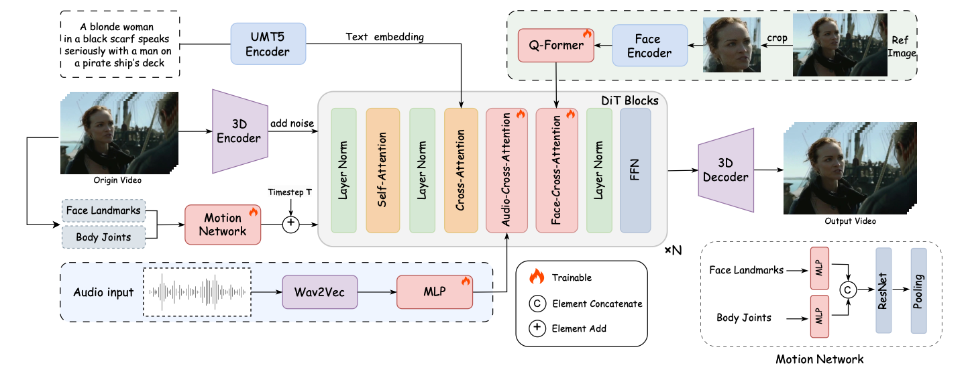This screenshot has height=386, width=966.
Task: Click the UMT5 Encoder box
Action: (x=268, y=44)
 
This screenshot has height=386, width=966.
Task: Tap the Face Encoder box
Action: (x=649, y=46)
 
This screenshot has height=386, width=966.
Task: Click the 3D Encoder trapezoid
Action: (x=239, y=131)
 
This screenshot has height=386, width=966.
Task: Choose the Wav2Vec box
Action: (x=319, y=293)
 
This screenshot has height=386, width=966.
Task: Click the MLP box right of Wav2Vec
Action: (x=434, y=293)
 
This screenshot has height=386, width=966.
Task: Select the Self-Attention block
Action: (x=382, y=170)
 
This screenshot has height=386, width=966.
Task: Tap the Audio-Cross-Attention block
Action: (x=506, y=170)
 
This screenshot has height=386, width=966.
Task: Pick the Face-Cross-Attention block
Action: (x=556, y=170)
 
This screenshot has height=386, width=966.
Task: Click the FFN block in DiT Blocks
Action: (x=635, y=170)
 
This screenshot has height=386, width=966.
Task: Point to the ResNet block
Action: (x=883, y=289)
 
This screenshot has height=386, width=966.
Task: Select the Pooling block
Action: (x=918, y=289)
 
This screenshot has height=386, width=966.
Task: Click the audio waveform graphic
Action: (x=197, y=292)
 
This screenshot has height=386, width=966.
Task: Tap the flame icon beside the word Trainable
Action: (x=537, y=276)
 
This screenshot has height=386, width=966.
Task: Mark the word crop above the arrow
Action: (x=777, y=38)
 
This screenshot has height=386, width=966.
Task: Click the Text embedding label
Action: (x=384, y=37)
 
